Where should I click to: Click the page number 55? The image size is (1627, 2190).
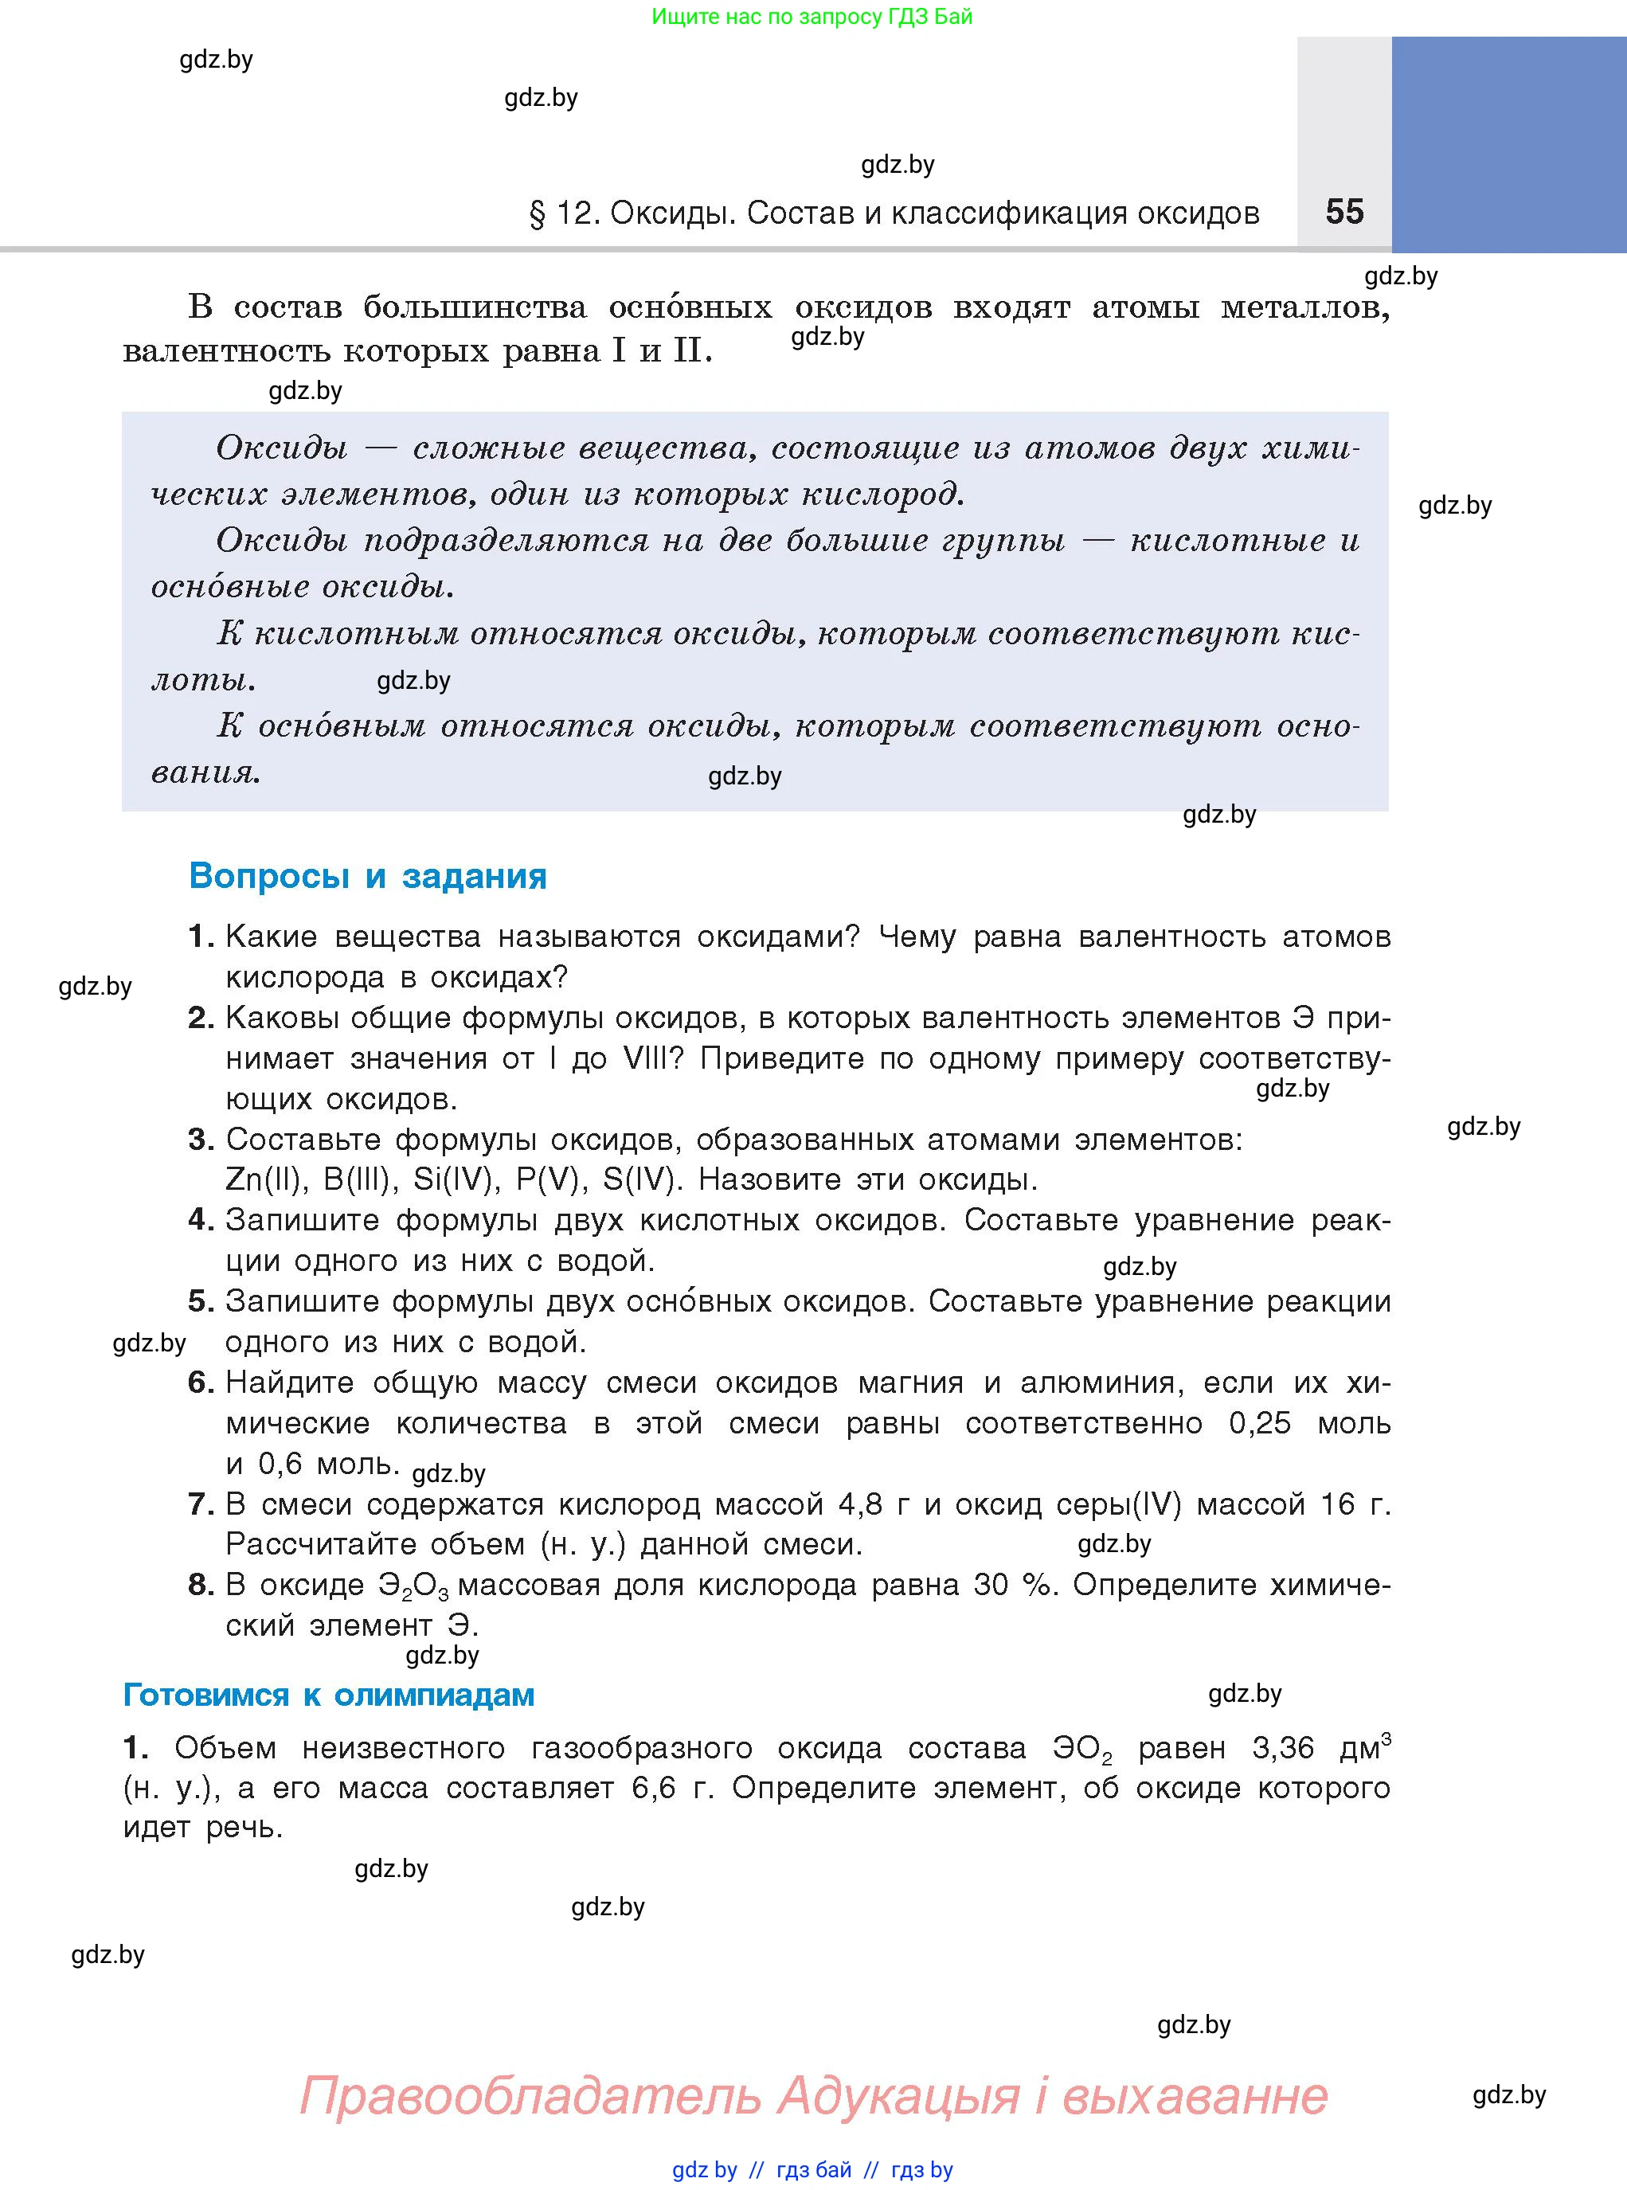coord(1344,212)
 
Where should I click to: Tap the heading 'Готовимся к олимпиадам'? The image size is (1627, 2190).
coord(328,1694)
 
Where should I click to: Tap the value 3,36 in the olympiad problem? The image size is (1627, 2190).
coord(1282,1748)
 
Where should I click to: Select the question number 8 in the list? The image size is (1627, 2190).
coord(200,1585)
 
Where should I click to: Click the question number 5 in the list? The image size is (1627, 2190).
coord(200,1300)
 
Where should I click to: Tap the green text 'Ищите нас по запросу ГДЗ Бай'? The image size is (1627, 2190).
coord(812,17)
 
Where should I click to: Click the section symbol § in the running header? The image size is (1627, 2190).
coord(537,213)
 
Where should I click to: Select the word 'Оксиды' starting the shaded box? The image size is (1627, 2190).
coord(282,448)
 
